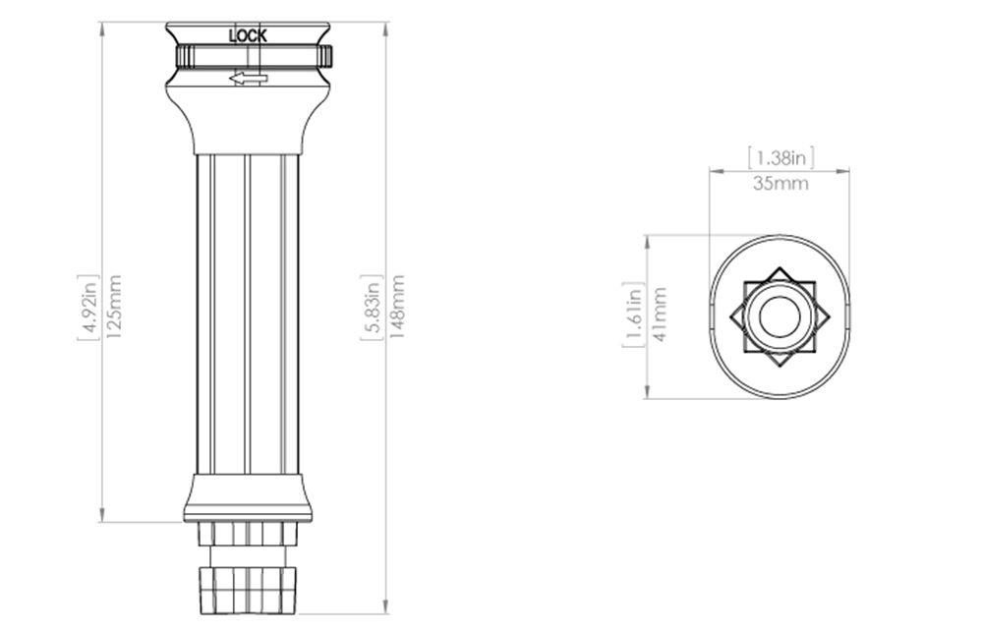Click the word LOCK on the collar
248,35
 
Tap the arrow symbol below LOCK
247,79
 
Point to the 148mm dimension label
397,305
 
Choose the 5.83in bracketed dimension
373,305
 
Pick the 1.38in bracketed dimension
781,156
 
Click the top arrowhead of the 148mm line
385,28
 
